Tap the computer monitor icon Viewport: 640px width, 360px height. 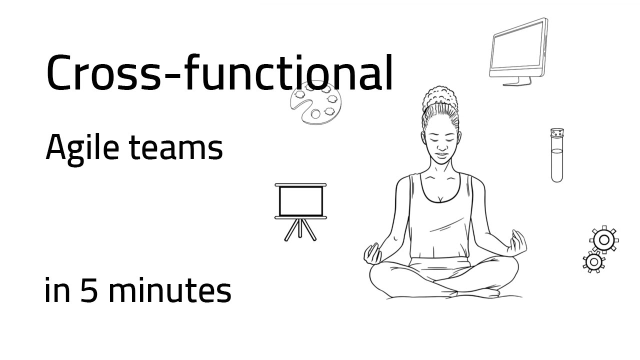518,49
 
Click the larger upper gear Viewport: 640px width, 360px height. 604,240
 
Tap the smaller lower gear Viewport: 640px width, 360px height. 593,261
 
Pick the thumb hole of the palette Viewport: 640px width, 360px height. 315,114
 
